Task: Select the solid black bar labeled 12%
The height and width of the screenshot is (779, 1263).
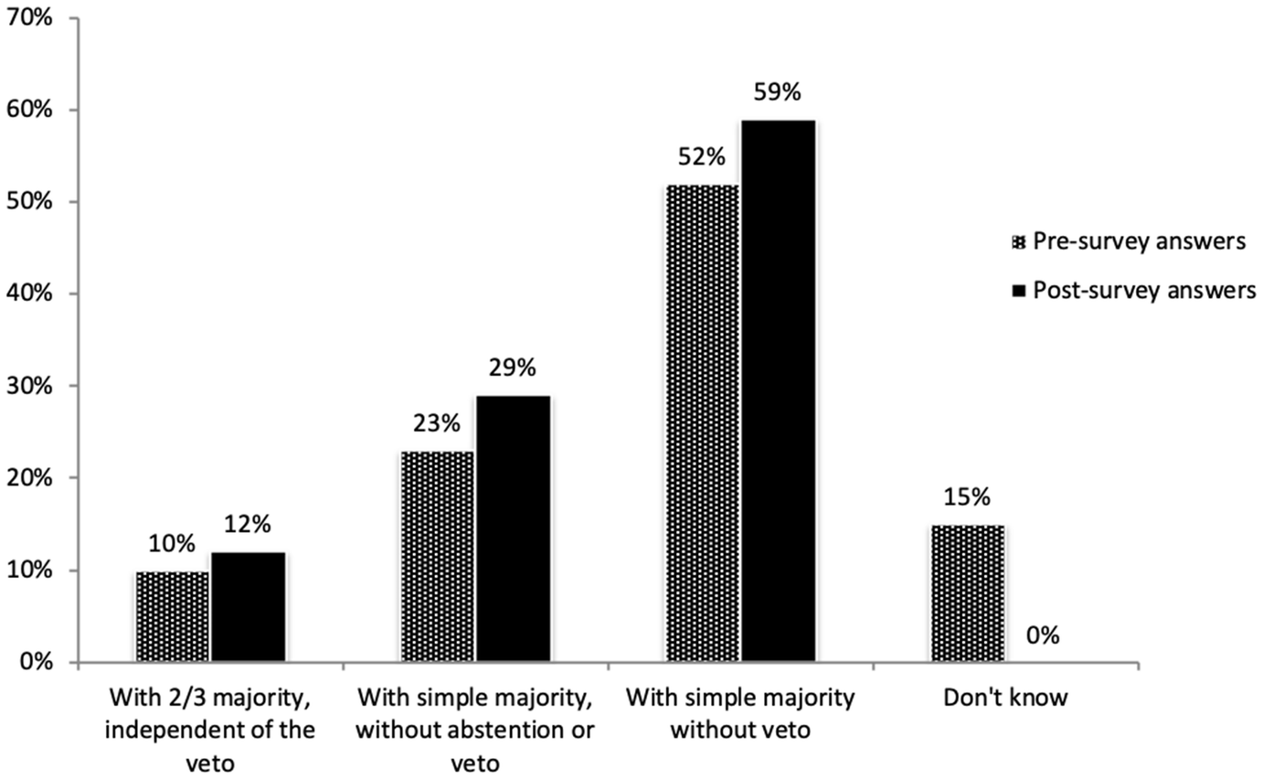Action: tap(249, 607)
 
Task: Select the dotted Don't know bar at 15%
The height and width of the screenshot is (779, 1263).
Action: tap(968, 593)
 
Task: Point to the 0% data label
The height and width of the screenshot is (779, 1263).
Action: tap(1043, 635)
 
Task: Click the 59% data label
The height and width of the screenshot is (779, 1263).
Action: tap(779, 93)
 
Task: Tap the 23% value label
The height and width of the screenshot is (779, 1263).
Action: tap(438, 424)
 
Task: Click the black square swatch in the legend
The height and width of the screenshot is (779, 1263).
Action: tap(1020, 291)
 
